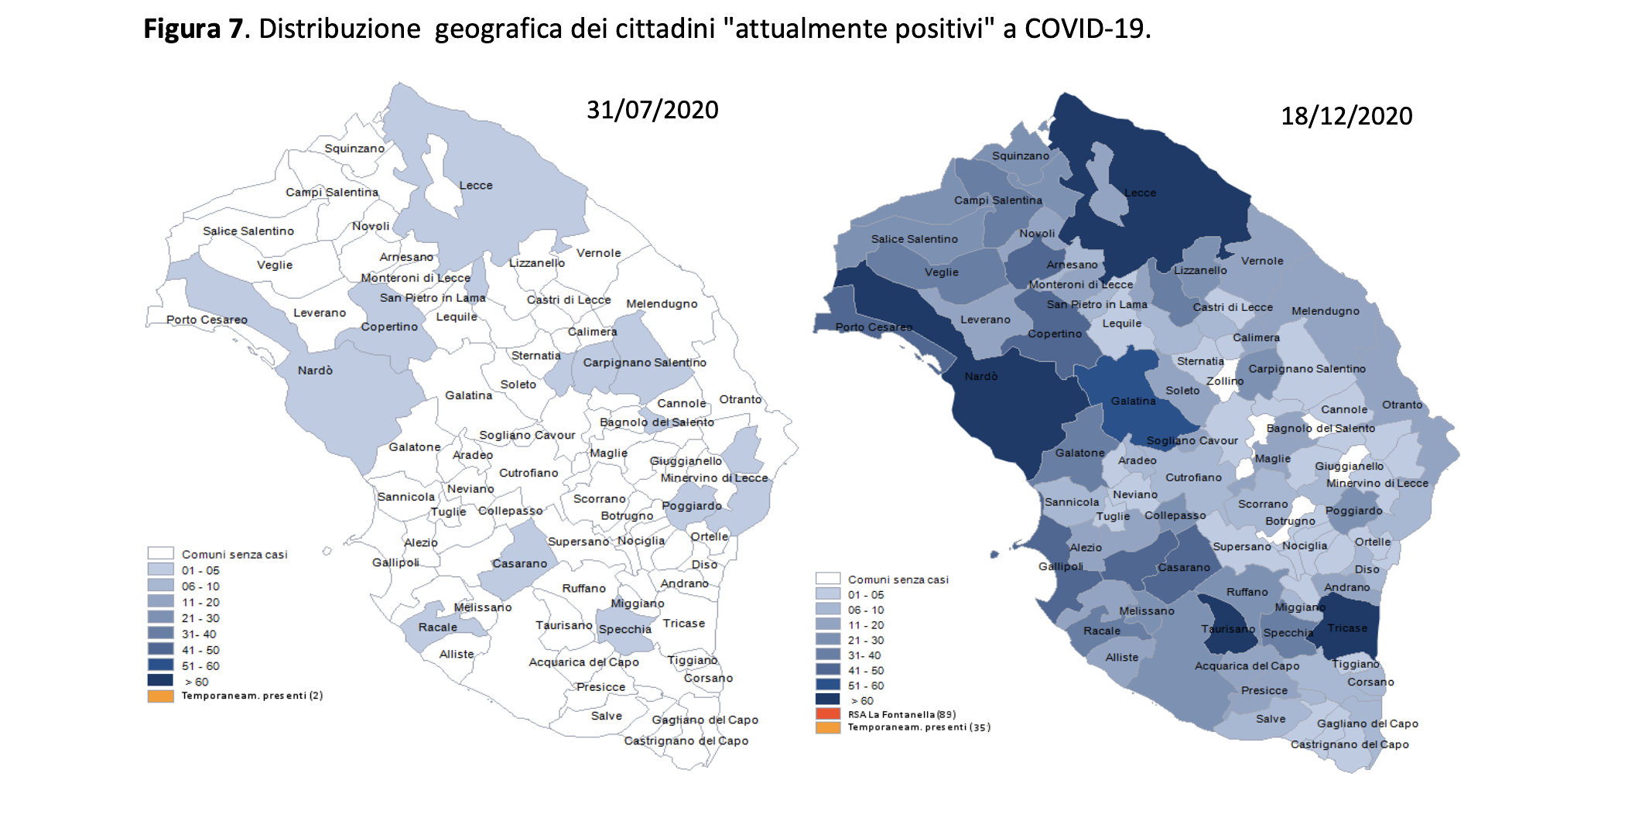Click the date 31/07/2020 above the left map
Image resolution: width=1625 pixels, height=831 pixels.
652,110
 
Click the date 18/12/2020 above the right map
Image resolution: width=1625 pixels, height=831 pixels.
1346,116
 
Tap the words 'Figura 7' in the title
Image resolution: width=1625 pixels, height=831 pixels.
193,29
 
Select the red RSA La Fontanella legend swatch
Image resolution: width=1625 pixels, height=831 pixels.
828,713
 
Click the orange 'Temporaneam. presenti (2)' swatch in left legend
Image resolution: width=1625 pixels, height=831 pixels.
160,696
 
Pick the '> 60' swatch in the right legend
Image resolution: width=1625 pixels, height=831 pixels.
828,699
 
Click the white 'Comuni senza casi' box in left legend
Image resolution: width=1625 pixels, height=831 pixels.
160,553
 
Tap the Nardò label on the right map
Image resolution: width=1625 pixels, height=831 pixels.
981,376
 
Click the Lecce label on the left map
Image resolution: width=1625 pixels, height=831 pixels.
476,186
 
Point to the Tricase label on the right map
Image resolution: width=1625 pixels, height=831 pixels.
1347,628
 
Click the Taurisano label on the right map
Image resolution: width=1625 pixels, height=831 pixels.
1228,629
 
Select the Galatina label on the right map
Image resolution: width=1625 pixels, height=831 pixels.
1134,401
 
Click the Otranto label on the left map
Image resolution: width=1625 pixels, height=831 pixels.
741,399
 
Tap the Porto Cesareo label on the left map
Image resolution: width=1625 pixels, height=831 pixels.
207,320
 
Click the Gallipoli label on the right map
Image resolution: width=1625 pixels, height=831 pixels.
1061,566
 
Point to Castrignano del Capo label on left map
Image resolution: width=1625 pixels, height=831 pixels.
686,740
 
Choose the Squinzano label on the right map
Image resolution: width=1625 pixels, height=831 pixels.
1021,156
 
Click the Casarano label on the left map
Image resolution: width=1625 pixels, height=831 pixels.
519,563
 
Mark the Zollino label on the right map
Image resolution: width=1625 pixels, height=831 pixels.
1225,381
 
